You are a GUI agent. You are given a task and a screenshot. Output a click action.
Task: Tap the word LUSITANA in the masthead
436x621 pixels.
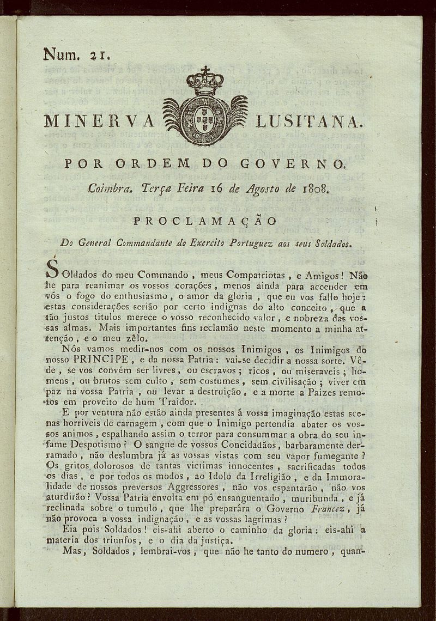[x=308, y=121]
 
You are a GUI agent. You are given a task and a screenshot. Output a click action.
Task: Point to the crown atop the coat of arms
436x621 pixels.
[x=205, y=81]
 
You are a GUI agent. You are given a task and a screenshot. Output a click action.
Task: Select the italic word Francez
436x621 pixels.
[x=341, y=509]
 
